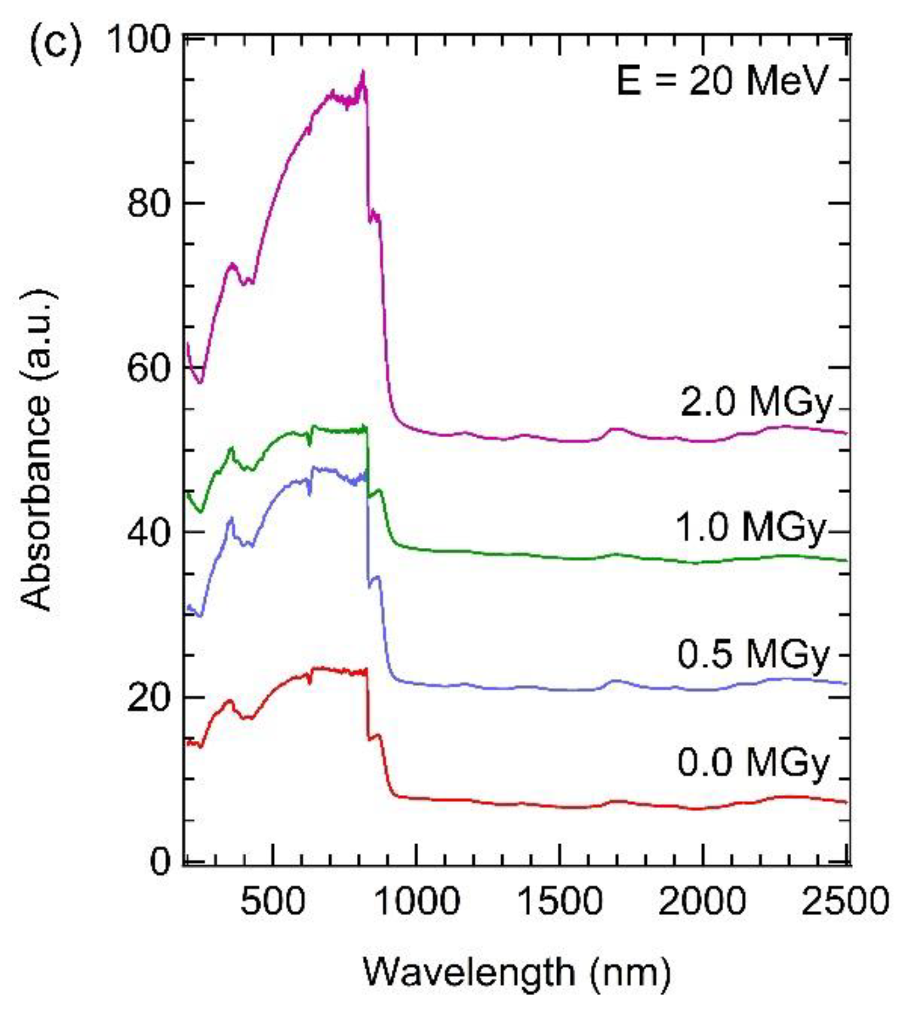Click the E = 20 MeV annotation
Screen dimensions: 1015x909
click(721, 81)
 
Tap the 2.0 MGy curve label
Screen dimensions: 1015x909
click(756, 402)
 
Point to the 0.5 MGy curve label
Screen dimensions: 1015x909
click(753, 654)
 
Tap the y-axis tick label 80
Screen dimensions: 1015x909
click(148, 203)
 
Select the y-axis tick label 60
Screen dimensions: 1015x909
click(148, 368)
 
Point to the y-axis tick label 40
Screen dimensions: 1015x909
click(148, 532)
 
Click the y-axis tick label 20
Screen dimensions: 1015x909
click(148, 698)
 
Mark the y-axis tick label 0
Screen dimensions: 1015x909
click(160, 862)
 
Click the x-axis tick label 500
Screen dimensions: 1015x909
click(273, 901)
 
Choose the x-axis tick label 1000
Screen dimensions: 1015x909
click(415, 901)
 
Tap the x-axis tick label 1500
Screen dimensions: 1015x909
click(559, 901)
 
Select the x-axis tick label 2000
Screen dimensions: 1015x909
click(703, 901)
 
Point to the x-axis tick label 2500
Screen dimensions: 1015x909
click(845, 901)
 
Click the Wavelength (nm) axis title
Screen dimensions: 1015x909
click(516, 972)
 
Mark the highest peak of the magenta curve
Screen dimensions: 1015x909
click(363, 72)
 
